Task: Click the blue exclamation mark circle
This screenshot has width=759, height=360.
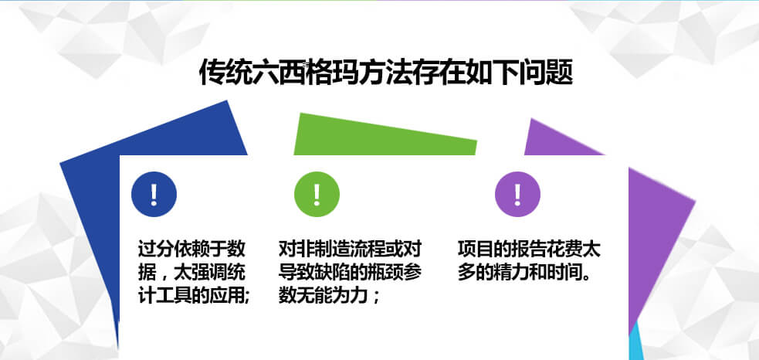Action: tap(154, 195)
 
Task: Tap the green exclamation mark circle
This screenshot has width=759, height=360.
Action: tap(317, 195)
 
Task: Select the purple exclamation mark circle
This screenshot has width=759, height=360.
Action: tap(517, 195)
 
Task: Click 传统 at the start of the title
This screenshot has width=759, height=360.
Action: tap(226, 73)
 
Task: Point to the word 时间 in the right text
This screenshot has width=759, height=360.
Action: tap(565, 273)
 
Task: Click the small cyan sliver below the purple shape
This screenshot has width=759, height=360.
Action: tap(635, 345)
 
